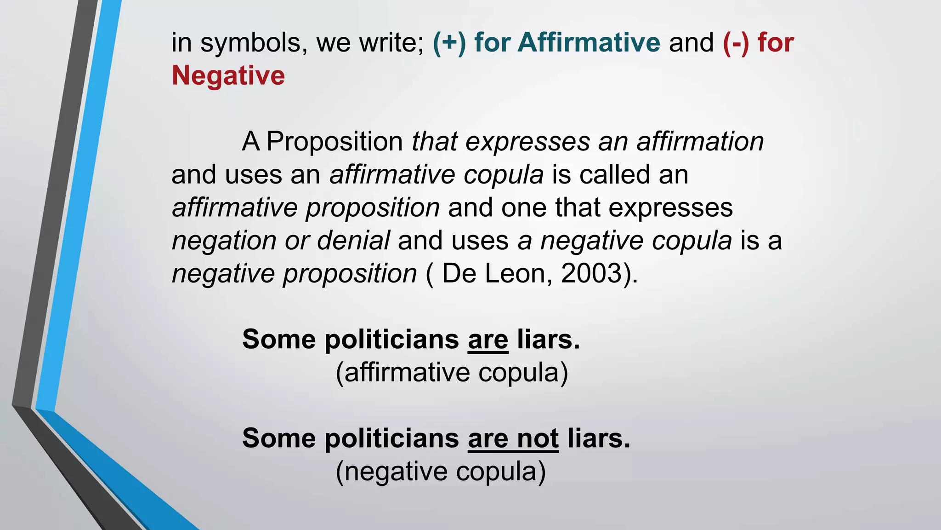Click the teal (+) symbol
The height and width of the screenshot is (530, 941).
[449, 43]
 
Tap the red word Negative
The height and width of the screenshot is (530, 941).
[228, 75]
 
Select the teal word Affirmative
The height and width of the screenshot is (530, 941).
[589, 43]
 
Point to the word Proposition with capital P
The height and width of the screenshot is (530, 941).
[334, 142]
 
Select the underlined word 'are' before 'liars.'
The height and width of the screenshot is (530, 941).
[488, 340]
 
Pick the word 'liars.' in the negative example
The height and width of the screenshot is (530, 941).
[599, 438]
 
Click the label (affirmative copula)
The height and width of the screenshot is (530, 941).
[452, 372]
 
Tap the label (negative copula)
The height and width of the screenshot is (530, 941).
[441, 472]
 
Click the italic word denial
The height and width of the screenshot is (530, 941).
[353, 241]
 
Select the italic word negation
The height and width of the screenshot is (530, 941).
[224, 241]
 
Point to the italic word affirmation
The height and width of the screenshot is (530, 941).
[700, 142]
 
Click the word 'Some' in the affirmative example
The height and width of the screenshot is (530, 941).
[279, 340]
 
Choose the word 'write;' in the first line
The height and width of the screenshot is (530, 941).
[392, 43]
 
